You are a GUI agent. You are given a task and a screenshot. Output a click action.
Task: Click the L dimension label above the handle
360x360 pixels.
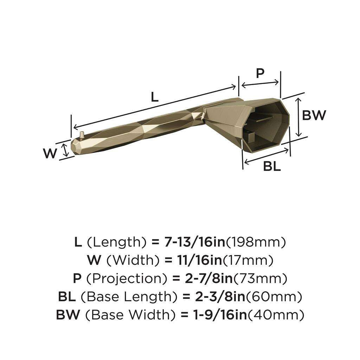[155, 97]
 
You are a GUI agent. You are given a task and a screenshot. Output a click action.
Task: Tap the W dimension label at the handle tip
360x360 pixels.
[50, 153]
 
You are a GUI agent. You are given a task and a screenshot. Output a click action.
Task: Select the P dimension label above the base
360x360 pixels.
[260, 73]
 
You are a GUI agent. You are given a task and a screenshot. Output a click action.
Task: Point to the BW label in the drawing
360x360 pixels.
[314, 115]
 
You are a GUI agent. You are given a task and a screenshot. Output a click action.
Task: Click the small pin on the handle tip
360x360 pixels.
[82, 135]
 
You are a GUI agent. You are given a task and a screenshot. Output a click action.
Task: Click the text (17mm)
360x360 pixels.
[249, 260]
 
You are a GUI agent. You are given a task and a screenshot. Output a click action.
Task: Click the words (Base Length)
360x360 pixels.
[129, 297]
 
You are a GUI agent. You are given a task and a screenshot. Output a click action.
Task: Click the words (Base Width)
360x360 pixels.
[133, 315]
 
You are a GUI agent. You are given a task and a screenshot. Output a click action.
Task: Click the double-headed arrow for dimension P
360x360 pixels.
[260, 84]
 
